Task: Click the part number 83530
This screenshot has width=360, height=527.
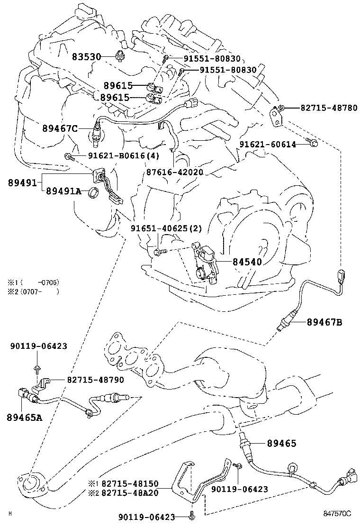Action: [86, 57]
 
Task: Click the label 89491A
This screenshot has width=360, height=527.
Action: [64, 191]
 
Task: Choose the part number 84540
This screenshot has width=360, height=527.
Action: [247, 261]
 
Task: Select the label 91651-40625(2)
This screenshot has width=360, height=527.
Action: [166, 228]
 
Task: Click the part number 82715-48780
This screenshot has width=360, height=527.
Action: [329, 108]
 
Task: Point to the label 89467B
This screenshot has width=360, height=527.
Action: [324, 323]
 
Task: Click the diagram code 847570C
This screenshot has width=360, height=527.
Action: [338, 513]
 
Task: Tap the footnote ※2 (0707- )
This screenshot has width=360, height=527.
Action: [33, 291]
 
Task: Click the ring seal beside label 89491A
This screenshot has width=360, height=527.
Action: [94, 192]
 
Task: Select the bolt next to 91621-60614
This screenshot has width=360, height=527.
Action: [313, 143]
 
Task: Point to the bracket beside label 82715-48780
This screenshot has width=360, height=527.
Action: [277, 115]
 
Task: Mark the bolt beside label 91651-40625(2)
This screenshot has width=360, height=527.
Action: [159, 251]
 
